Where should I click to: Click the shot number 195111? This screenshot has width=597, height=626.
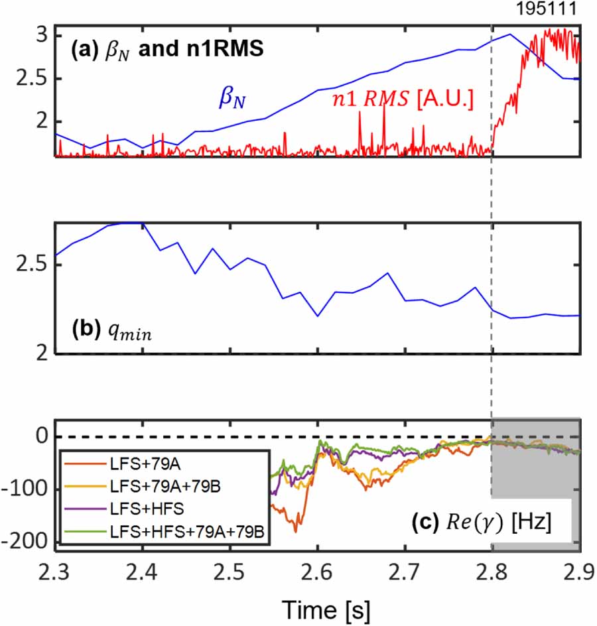555,9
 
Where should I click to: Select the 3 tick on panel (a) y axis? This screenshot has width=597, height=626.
41,34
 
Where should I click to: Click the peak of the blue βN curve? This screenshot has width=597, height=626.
510,34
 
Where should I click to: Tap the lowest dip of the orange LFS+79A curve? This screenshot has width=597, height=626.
297,531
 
